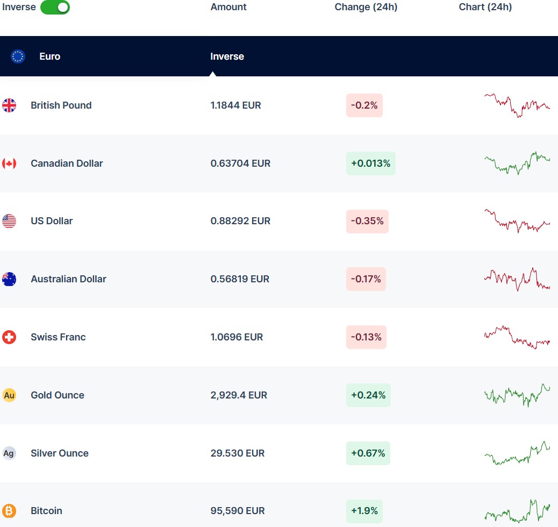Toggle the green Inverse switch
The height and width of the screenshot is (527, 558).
pos(55,8)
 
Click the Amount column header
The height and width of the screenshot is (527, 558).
pos(228,7)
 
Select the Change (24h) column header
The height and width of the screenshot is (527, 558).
pos(366,7)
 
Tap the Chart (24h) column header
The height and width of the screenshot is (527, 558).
pos(485,7)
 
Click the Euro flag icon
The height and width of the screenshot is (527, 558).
pos(18,56)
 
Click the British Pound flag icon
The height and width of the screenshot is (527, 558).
pos(9,105)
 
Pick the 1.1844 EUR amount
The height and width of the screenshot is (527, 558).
pos(235,105)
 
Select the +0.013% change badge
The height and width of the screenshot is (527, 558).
pos(370,163)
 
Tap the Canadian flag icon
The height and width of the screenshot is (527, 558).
pos(9,163)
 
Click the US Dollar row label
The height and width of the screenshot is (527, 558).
pos(52,221)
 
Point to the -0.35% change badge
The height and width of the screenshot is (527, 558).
pos(367,221)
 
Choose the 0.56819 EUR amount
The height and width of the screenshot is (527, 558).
pos(240,279)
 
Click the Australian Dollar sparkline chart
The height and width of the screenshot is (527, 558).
pos(517,279)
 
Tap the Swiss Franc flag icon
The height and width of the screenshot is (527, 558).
pos(9,337)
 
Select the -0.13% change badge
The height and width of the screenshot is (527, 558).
pos(366,337)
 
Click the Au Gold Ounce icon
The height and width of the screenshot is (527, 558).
pos(9,395)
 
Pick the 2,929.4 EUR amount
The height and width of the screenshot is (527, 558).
pos(239,395)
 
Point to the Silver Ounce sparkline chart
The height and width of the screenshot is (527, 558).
pos(517,453)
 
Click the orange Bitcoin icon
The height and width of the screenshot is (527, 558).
pos(9,511)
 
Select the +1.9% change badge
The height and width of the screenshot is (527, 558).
pos(364,511)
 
